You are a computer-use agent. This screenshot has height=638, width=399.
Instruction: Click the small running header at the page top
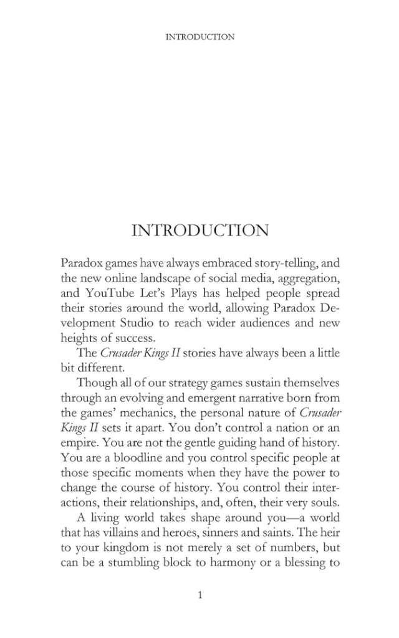click(199, 37)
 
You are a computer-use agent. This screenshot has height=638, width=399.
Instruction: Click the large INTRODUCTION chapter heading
click(200, 231)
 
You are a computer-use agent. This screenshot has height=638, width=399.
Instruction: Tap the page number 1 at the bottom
click(199, 595)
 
